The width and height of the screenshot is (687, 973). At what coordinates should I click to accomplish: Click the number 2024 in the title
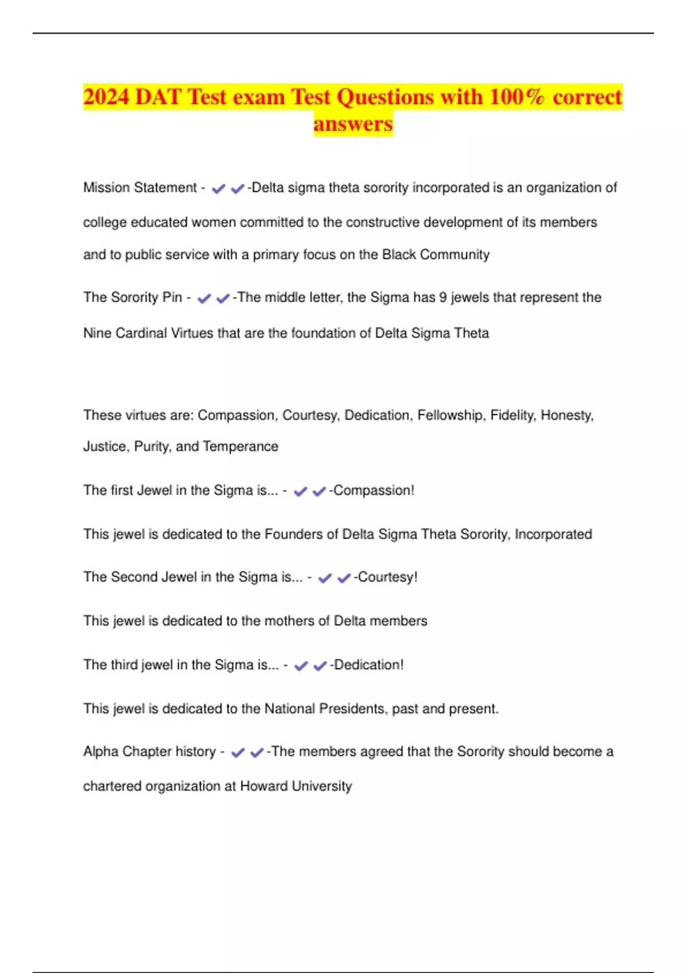(x=106, y=97)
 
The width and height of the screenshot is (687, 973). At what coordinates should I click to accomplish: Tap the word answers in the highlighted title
(x=353, y=124)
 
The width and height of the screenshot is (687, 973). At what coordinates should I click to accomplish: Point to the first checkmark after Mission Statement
(x=218, y=188)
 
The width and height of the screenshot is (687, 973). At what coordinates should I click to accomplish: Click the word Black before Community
(x=399, y=255)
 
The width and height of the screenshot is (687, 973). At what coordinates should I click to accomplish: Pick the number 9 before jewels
(x=443, y=298)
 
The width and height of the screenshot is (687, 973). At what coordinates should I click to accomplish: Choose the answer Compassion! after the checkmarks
(x=373, y=491)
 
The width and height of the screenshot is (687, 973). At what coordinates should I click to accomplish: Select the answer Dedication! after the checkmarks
(x=369, y=665)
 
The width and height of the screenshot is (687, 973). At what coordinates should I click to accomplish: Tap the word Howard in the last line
(x=264, y=786)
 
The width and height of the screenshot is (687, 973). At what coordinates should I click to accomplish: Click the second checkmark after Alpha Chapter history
(x=257, y=753)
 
